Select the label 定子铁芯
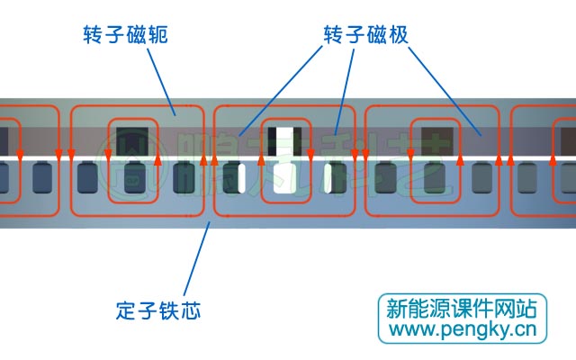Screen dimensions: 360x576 pos(158,311)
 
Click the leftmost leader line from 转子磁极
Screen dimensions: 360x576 pos(279,90)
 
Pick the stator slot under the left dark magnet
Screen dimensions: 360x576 pos(134,178)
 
